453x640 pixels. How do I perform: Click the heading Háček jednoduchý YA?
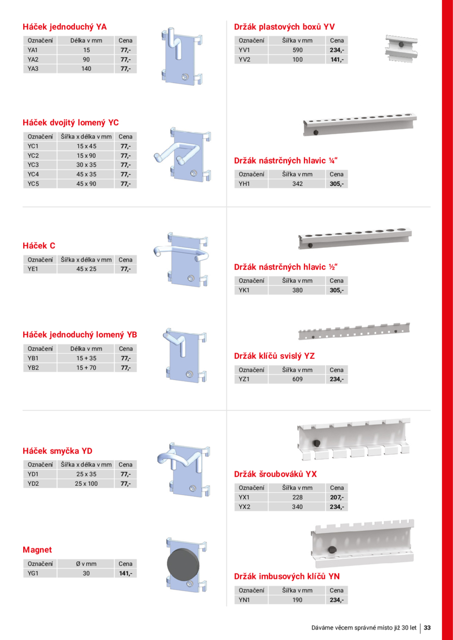click(x=65, y=26)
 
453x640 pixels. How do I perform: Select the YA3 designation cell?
click(x=33, y=68)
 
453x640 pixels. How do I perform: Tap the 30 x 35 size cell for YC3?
click(x=86, y=165)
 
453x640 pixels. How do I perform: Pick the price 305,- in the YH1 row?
click(x=336, y=184)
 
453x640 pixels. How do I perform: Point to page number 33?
click(x=427, y=627)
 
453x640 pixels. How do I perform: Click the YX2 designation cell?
click(x=244, y=507)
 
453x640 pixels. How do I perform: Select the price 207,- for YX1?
click(x=336, y=497)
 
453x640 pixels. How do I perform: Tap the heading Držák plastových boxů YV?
click(x=284, y=26)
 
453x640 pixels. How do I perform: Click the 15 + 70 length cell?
click(x=86, y=368)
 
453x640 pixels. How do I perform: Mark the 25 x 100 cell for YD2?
click(x=86, y=483)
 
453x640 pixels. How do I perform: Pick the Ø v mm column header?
click(x=86, y=564)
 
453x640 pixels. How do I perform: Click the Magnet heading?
click(x=37, y=550)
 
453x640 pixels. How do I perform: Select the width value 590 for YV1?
click(x=297, y=50)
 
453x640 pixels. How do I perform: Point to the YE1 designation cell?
click(x=33, y=269)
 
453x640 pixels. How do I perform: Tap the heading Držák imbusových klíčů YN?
click(x=287, y=576)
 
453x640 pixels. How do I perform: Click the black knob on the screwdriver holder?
click(x=318, y=443)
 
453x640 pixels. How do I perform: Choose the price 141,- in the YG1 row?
click(x=125, y=573)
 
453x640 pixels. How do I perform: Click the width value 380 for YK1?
click(x=297, y=290)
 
